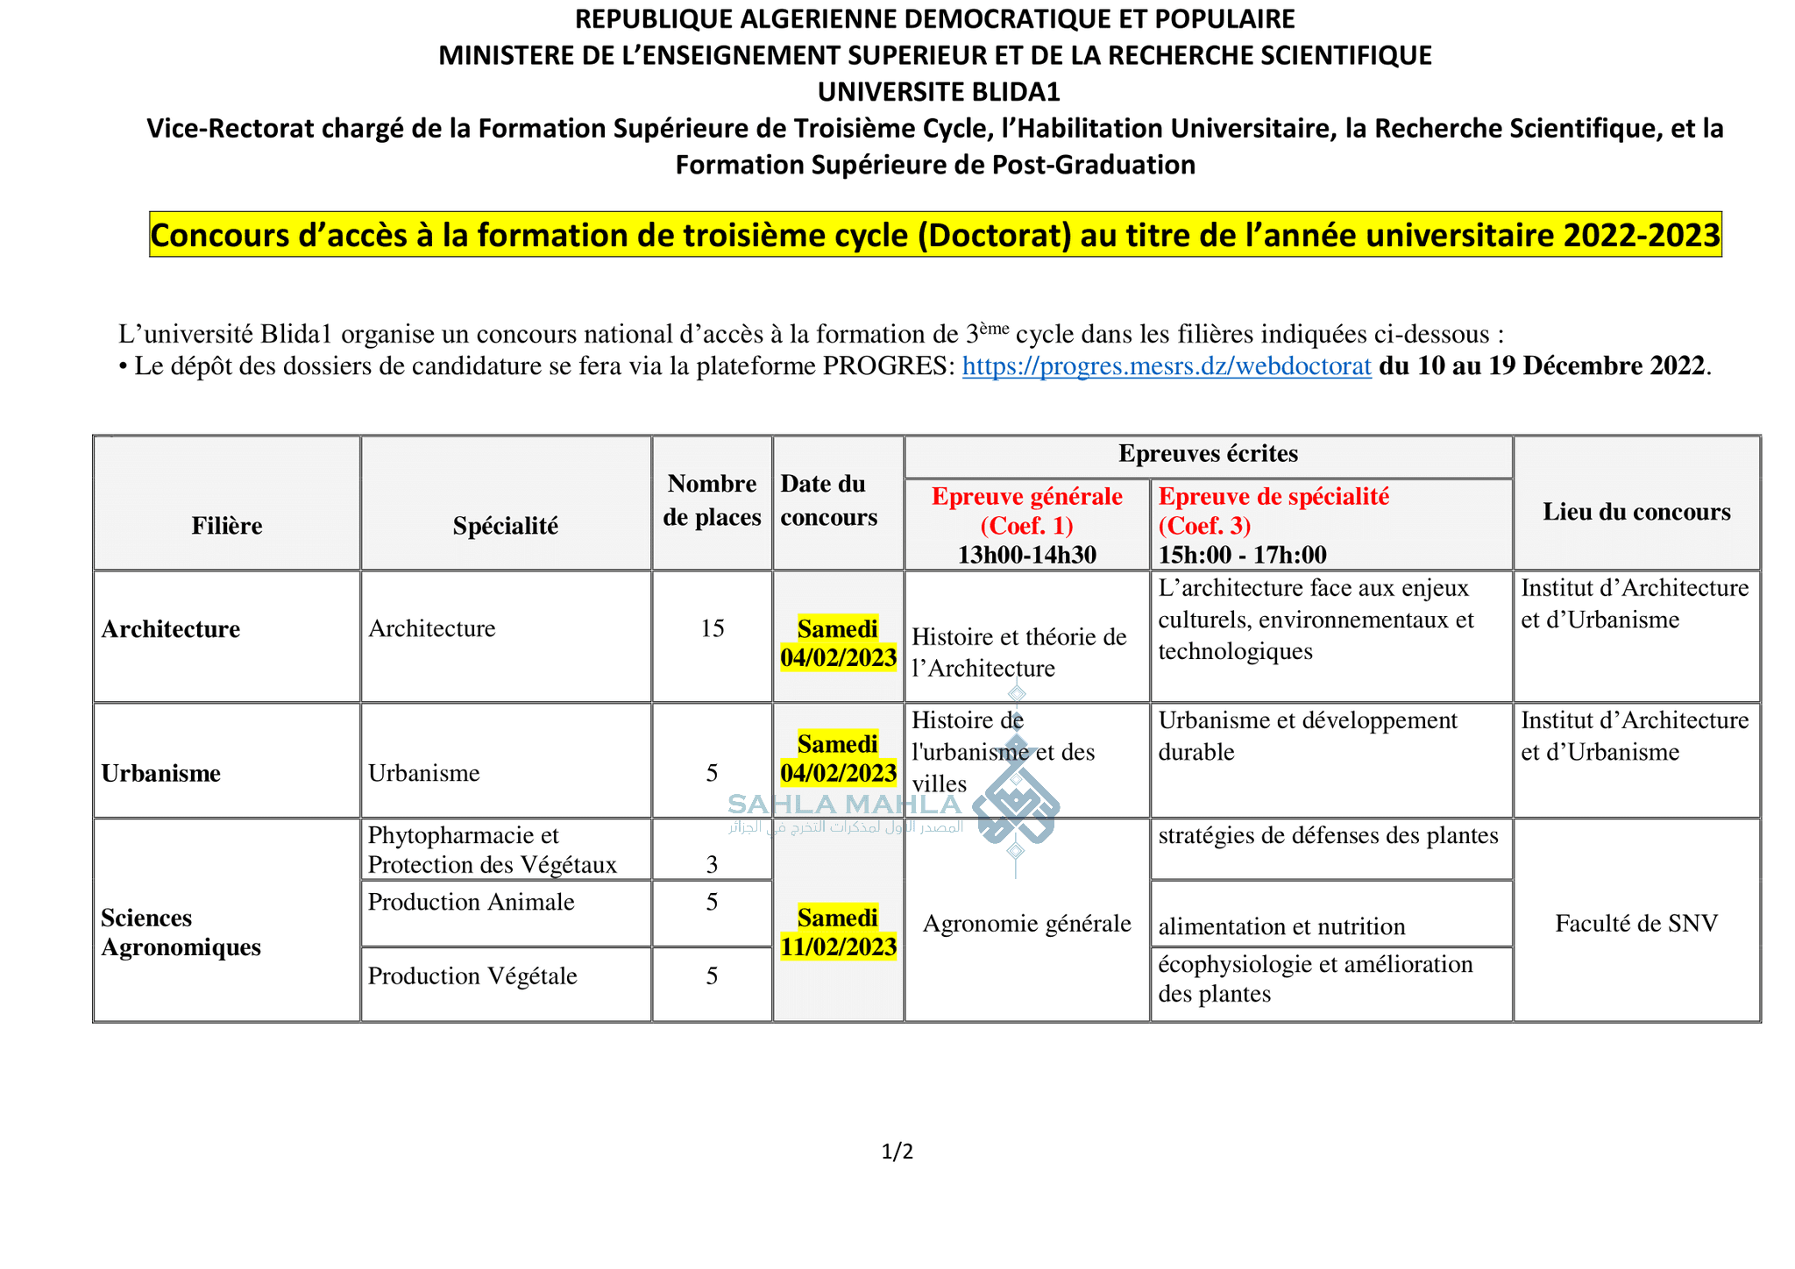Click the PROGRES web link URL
tap(1166, 366)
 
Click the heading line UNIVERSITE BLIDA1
tap(938, 91)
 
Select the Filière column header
tap(227, 526)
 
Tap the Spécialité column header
tap(506, 526)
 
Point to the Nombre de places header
tap(712, 500)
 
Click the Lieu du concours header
tap(1636, 512)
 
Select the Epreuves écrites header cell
tap(1208, 454)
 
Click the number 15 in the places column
tap(712, 628)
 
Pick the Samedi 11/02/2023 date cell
tap(838, 932)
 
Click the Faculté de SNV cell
tap(1636, 923)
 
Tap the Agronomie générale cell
tap(1027, 923)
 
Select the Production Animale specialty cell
tap(472, 902)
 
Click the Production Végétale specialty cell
tap(472, 975)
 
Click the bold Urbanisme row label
tap(161, 773)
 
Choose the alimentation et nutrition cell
tap(1281, 926)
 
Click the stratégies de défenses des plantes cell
tap(1328, 835)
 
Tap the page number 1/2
tap(897, 1152)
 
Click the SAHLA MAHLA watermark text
tap(844, 805)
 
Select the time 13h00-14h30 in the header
tap(1026, 555)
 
